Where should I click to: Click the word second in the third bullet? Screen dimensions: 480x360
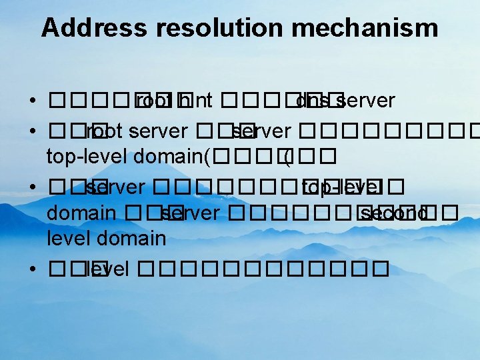tap(394, 213)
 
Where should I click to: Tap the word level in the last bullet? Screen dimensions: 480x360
tap(108, 269)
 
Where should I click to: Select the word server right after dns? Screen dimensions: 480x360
tap(365, 101)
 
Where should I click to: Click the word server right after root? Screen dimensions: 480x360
tap(158, 131)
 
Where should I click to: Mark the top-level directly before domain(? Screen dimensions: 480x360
tap(87, 157)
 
